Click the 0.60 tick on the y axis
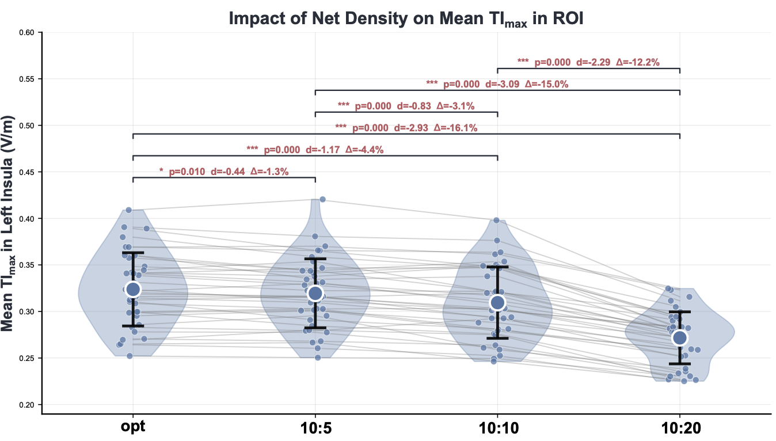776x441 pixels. (x=26, y=33)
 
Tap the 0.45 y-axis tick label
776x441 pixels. (x=26, y=172)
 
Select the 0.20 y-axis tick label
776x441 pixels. (x=26, y=405)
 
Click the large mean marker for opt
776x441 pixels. (x=133, y=289)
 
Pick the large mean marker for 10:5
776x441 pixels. (x=315, y=293)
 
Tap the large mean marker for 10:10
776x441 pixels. (x=497, y=302)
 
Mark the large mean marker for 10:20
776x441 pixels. (x=679, y=337)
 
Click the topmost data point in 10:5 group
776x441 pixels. (x=322, y=199)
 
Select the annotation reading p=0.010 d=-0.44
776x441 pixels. (x=224, y=172)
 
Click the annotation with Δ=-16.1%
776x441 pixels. (x=406, y=128)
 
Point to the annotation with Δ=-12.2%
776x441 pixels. (x=588, y=62)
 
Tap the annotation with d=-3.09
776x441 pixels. (x=497, y=84)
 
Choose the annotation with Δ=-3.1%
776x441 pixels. (x=406, y=106)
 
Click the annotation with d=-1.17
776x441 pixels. (x=315, y=150)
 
